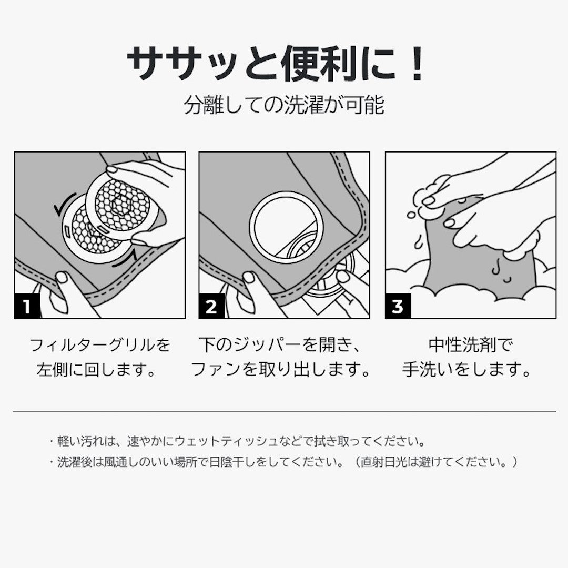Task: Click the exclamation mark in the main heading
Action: (x=418, y=64)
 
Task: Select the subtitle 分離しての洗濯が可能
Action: (x=284, y=105)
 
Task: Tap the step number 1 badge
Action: (x=27, y=307)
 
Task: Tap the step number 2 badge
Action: (x=211, y=307)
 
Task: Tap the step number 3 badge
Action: (x=398, y=307)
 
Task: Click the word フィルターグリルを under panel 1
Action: (x=99, y=345)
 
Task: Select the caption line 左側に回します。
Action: (x=96, y=370)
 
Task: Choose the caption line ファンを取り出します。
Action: (x=280, y=370)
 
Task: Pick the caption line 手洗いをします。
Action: (x=466, y=370)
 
